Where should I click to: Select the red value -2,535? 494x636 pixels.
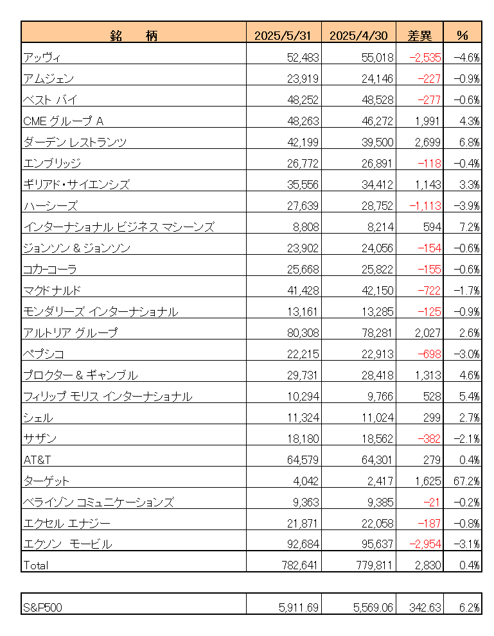pyautogui.click(x=425, y=57)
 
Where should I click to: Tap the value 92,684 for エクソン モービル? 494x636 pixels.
pyautogui.click(x=301, y=544)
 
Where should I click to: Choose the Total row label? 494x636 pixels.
pyautogui.click(x=35, y=565)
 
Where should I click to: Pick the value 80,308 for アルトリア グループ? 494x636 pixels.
pyautogui.click(x=301, y=332)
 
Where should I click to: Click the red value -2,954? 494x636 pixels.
pyautogui.click(x=425, y=544)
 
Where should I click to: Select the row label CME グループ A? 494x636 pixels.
pyautogui.click(x=63, y=121)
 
